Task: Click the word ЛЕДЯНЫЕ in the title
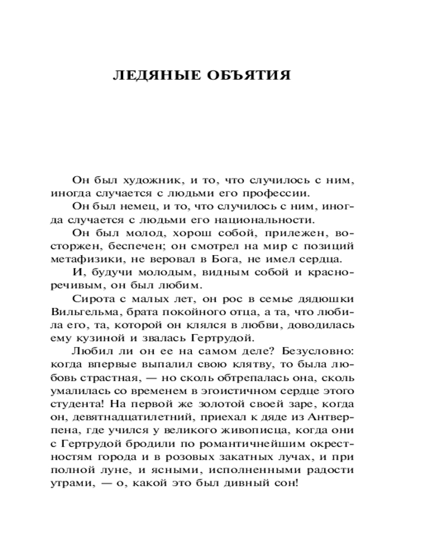click(x=154, y=75)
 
